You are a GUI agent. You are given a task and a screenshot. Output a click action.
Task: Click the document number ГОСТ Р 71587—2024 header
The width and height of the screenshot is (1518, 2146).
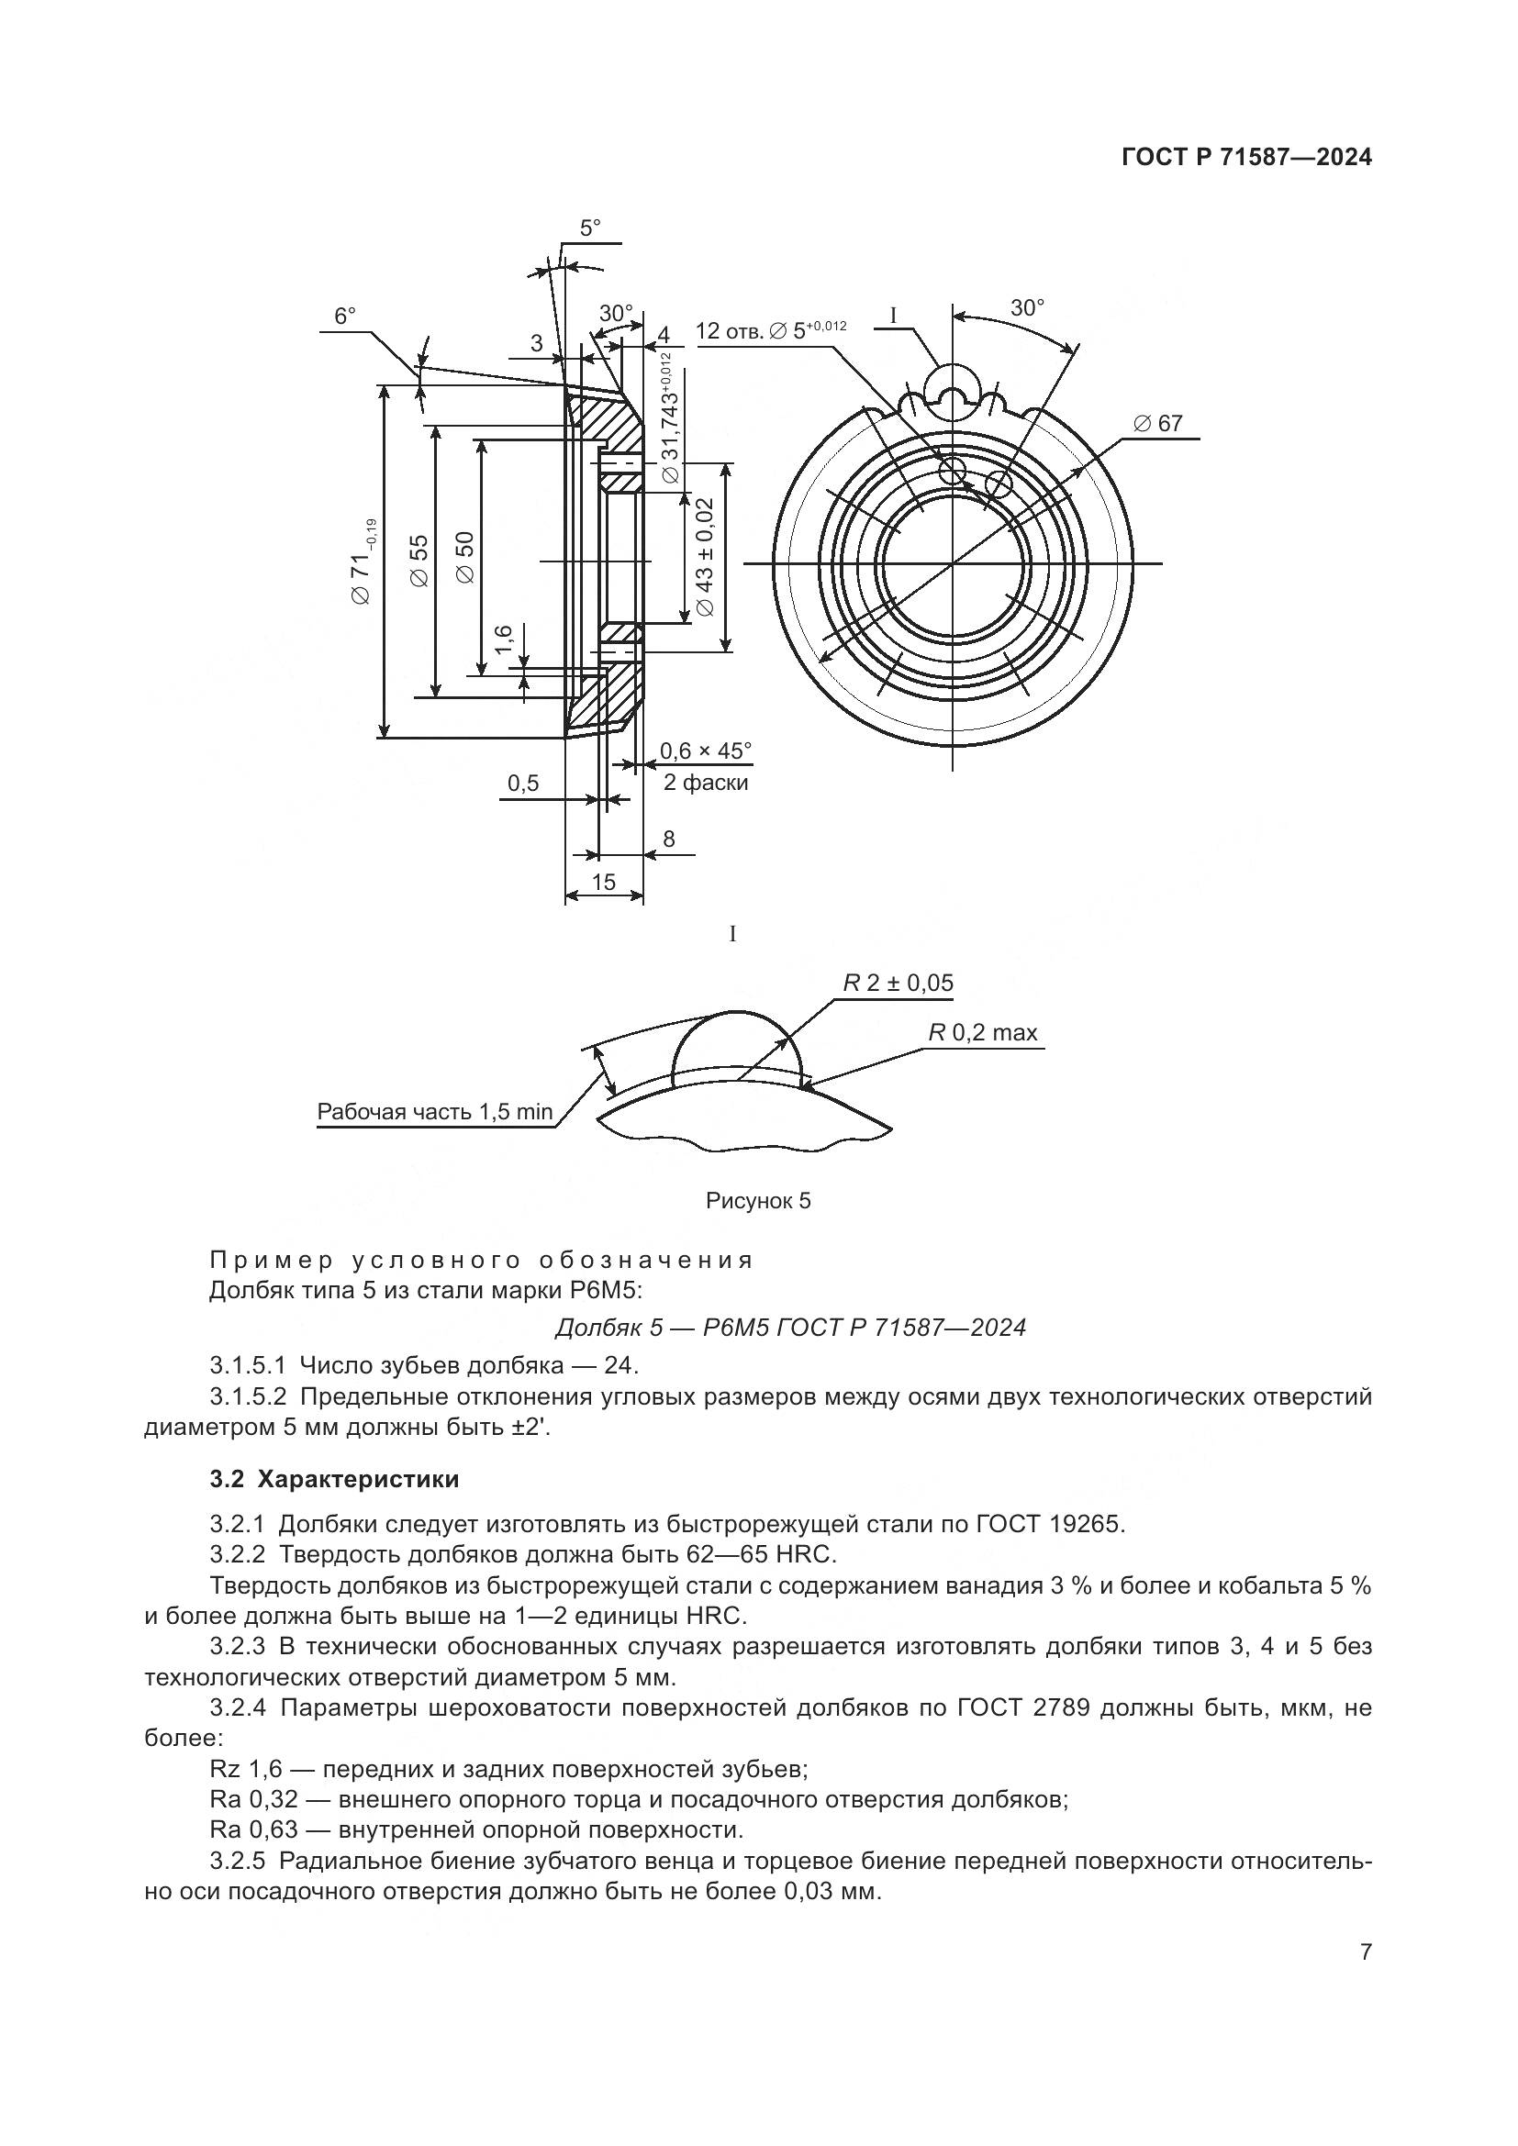[1246, 157]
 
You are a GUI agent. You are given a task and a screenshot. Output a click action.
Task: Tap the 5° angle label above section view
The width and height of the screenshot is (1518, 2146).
[591, 228]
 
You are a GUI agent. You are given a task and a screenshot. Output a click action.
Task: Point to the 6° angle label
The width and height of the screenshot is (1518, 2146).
[345, 316]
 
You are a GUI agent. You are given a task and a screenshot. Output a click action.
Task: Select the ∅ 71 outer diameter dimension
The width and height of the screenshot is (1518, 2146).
[363, 560]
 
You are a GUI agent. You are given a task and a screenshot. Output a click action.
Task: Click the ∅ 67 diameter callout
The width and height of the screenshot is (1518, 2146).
[1158, 423]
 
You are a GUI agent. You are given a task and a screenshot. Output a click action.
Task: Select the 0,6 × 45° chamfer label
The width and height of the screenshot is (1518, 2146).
[706, 751]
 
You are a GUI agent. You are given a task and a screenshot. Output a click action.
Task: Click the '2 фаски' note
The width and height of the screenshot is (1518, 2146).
[706, 783]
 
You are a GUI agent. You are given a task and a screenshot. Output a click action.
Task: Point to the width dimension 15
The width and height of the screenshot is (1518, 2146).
[604, 882]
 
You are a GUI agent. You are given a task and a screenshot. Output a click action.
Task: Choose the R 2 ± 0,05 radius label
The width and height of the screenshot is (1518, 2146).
[899, 984]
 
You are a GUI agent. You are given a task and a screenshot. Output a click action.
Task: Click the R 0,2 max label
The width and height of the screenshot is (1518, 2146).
[982, 1033]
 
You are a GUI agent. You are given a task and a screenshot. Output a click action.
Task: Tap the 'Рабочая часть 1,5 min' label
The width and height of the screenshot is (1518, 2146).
[436, 1112]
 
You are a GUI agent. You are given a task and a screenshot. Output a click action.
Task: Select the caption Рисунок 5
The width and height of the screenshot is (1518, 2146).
[758, 1202]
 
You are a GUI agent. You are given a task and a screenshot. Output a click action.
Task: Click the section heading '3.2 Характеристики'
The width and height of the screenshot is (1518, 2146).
[335, 1480]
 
